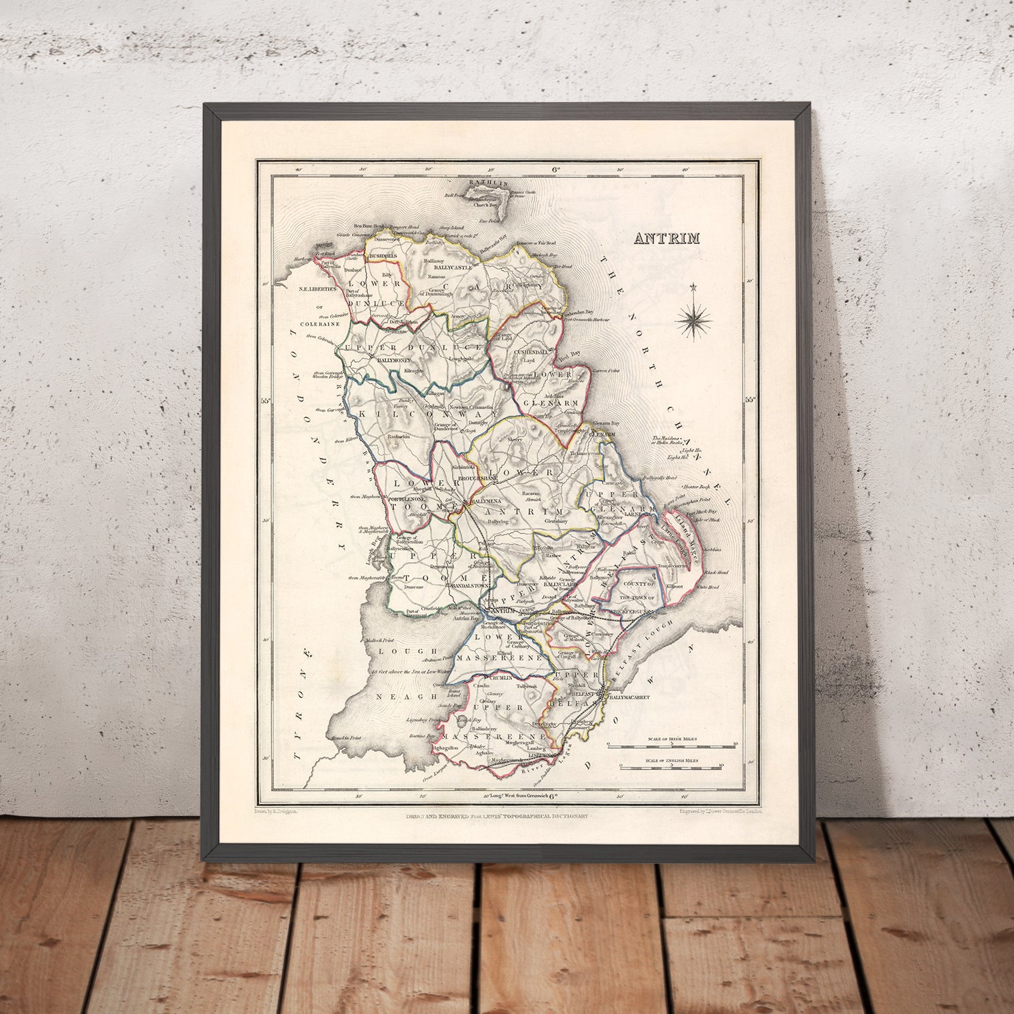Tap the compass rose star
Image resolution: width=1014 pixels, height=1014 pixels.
tap(693, 319)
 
